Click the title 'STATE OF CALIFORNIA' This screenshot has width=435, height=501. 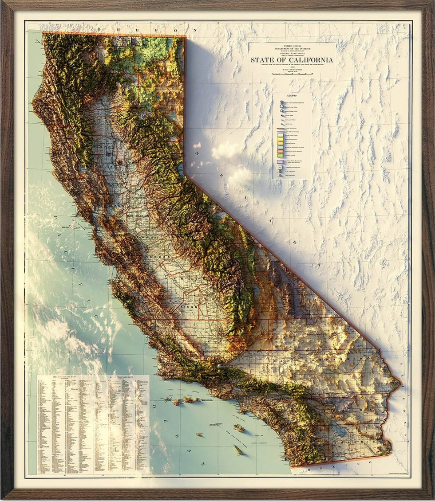292,60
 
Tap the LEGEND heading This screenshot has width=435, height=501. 292,95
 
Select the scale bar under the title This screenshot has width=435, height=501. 292,74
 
